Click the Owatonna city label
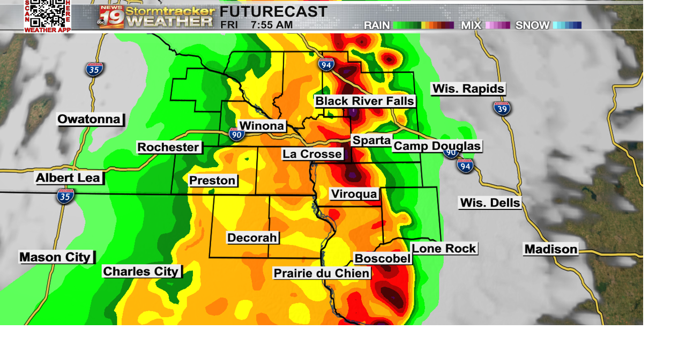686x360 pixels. coord(90,119)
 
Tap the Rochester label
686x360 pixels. coord(169,147)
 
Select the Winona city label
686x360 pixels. coord(262,126)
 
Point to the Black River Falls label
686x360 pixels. coord(364,101)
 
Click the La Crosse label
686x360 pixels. coord(312,154)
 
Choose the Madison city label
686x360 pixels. coord(551,249)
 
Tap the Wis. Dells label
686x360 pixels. coord(490,203)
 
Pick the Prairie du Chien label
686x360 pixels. coord(322,273)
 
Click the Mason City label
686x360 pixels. coord(56,257)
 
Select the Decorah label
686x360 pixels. coord(252,238)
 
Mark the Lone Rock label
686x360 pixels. coord(444,249)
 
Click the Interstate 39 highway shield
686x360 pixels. coord(502,108)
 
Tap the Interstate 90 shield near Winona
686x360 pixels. coord(236,134)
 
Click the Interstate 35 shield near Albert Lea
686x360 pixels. coord(65,196)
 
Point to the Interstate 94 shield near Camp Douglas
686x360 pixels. coord(465,165)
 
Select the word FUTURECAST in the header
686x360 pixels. coord(273,11)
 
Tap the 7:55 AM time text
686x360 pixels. coord(272,25)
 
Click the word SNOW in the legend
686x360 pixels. coord(532,25)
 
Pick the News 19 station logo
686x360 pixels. coord(111,17)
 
